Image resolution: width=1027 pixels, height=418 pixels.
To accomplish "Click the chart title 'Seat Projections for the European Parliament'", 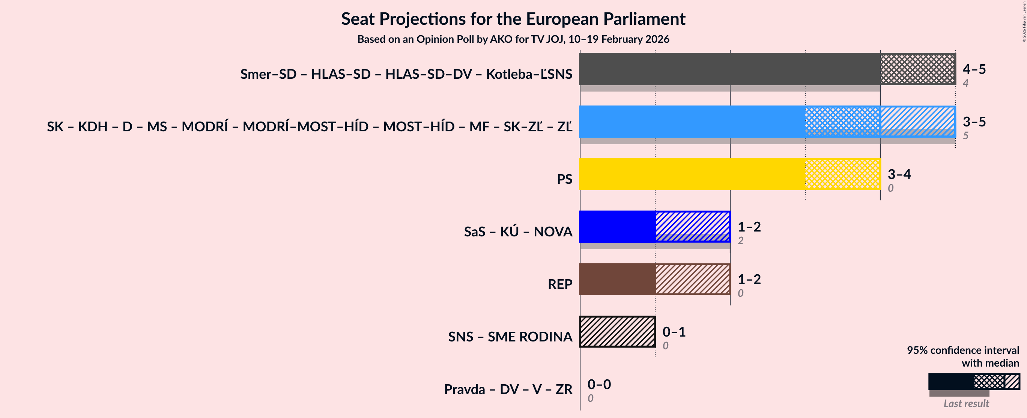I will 513,19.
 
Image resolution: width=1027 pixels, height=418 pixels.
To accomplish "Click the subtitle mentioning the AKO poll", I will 513,39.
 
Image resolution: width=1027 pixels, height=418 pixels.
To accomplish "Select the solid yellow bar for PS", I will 692,174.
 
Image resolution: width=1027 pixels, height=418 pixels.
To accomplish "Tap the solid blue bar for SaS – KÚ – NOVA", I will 617,227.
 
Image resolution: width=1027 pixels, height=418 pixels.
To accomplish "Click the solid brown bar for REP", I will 617,279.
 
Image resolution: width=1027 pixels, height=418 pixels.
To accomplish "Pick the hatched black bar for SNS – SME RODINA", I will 617,331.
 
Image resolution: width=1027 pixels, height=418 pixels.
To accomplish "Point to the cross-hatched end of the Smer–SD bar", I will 917,69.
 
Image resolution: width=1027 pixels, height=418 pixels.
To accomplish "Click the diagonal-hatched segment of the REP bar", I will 693,279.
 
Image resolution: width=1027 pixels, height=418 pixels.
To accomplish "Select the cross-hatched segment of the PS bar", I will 842,174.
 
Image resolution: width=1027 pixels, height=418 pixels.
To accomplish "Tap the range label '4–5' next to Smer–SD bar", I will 974,69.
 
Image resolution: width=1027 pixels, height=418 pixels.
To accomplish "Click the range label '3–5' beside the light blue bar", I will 974,122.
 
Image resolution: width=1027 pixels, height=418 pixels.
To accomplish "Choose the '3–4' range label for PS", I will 899,174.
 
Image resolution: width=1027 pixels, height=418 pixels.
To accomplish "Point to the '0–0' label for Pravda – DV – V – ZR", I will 599,384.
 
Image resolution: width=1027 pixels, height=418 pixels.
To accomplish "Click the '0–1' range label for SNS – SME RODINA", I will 674,331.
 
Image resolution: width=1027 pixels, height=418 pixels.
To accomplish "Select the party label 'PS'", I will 564,179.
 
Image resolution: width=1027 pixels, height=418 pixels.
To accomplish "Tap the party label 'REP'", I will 560,284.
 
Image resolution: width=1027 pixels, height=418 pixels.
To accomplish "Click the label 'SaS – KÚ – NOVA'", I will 518,232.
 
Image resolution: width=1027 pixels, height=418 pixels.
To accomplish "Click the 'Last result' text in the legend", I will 966,403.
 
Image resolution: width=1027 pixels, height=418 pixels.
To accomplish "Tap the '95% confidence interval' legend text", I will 963,350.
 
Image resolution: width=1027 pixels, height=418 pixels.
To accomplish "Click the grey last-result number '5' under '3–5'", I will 965,135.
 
